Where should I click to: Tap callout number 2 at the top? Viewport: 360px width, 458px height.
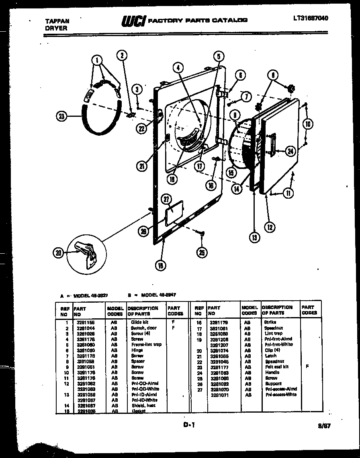pos(122,56)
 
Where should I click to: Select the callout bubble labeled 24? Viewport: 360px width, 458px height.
pos(290,151)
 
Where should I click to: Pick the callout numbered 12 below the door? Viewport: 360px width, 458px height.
pos(270,227)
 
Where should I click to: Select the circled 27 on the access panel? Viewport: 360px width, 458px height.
pos(167,199)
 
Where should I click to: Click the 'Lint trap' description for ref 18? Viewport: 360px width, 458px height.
pos(273,333)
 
